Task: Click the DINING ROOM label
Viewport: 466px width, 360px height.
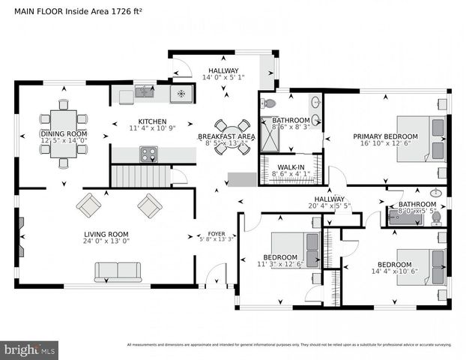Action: point(64,134)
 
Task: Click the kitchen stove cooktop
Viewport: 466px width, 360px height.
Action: point(148,154)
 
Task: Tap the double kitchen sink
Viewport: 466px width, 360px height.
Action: point(145,93)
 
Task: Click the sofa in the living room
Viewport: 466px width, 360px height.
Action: point(118,271)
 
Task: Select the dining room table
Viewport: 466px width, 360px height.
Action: point(64,133)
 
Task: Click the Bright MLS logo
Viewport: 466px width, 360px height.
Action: point(30,349)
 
